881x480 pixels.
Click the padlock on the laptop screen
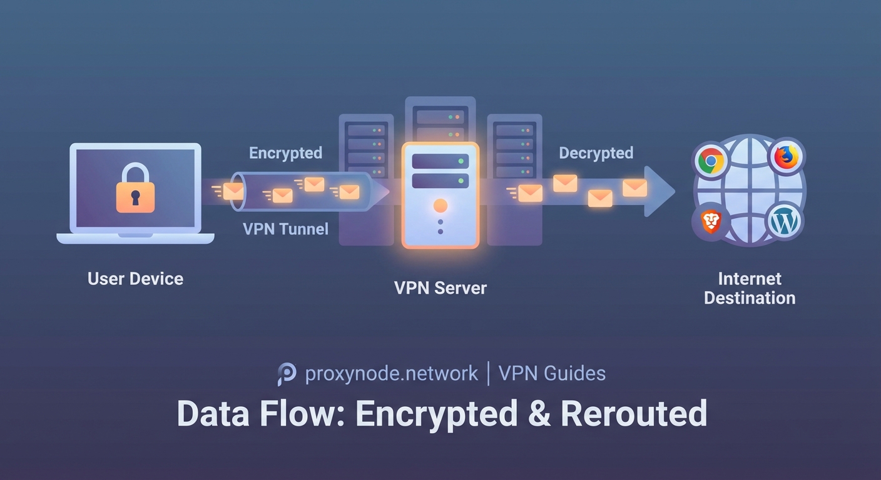pos(135,189)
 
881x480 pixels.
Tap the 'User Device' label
pos(136,279)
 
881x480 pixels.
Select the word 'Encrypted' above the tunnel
pos(285,153)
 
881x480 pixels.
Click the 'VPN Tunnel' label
pos(285,229)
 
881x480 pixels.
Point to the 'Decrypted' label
pos(596,153)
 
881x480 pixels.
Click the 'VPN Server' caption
pos(440,288)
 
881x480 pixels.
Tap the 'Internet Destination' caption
pos(750,288)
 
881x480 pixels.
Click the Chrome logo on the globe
pos(711,161)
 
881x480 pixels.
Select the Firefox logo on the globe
pos(787,157)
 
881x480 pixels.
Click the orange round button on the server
pos(440,206)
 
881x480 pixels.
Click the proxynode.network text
pos(391,374)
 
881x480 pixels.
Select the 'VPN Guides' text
pos(552,374)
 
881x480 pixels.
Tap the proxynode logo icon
pos(287,374)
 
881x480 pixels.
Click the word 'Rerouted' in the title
pos(633,413)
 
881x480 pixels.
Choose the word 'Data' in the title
pos(216,413)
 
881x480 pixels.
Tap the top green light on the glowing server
pos(461,161)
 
